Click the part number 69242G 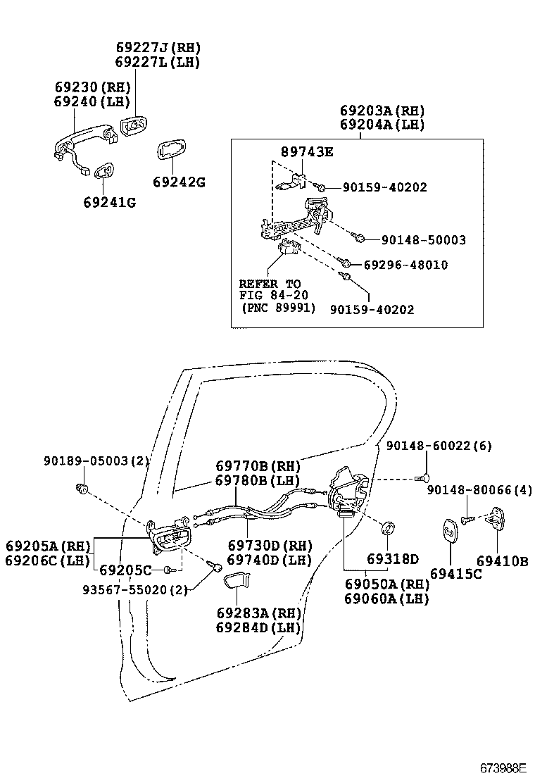pos(179,182)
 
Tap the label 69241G pos(109,203)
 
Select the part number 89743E pos(307,151)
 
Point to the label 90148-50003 pos(423,241)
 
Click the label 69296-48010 pos(405,265)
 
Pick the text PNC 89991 pos(278,308)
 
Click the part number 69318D pos(392,559)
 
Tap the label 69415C pos(455,574)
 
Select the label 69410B pos(502,561)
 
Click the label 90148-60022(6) pos(439,446)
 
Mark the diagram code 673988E pos(503,767)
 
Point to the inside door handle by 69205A pos(170,540)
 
